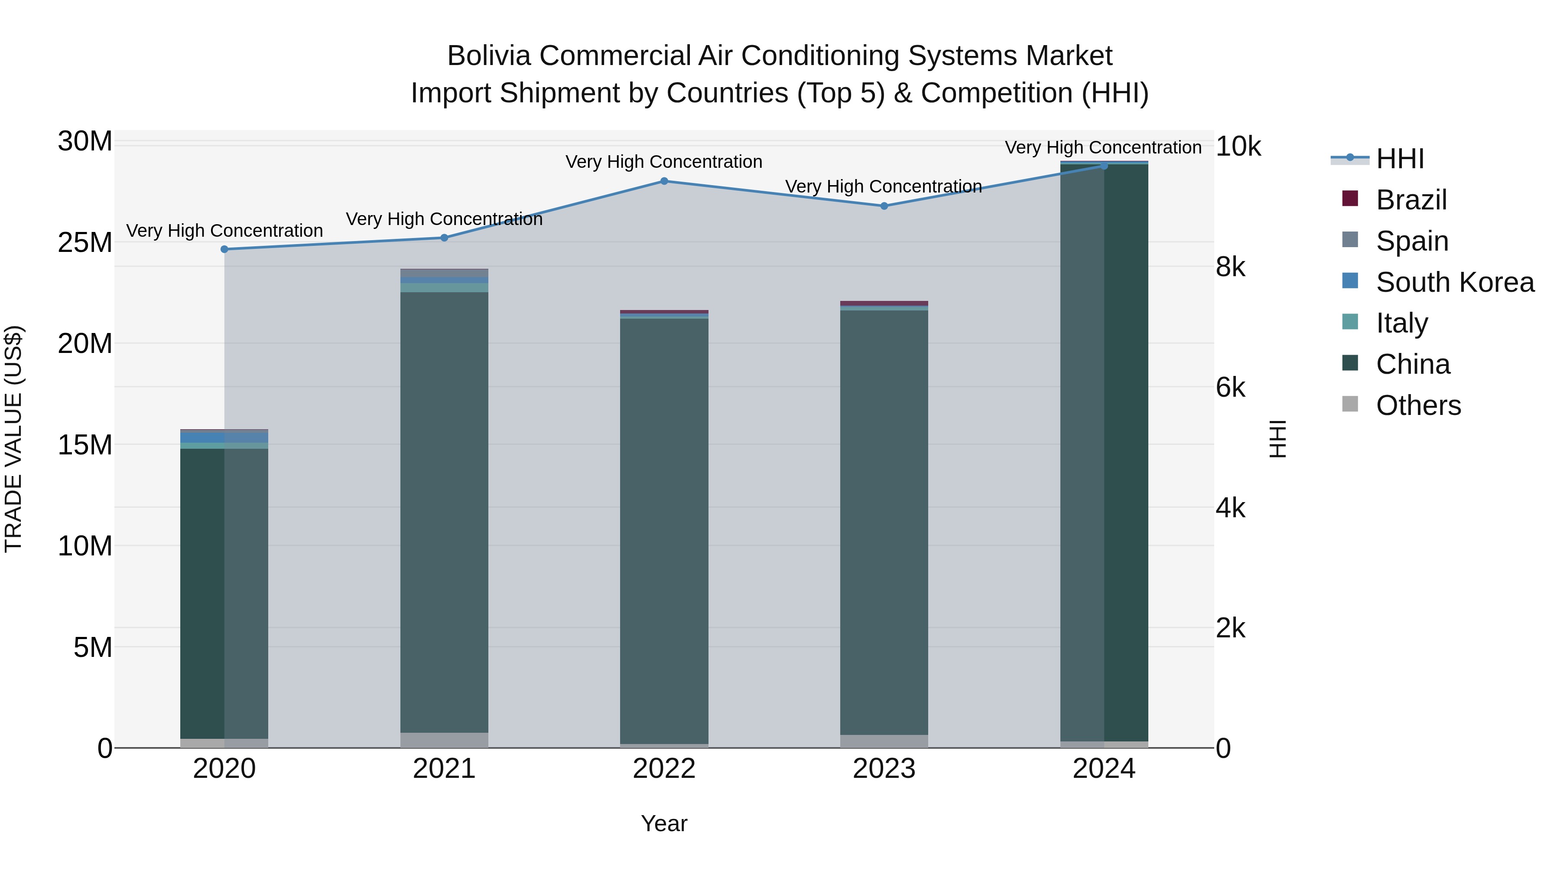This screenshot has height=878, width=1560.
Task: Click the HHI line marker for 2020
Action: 224,249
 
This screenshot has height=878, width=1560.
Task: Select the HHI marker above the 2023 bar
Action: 884,206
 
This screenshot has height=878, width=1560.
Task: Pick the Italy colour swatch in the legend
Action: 1350,322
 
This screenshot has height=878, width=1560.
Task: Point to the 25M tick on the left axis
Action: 85,243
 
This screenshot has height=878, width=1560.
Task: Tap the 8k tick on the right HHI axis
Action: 1230,267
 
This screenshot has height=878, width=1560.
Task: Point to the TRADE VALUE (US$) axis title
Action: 13,439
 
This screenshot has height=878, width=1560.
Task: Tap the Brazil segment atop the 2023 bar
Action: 884,303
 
